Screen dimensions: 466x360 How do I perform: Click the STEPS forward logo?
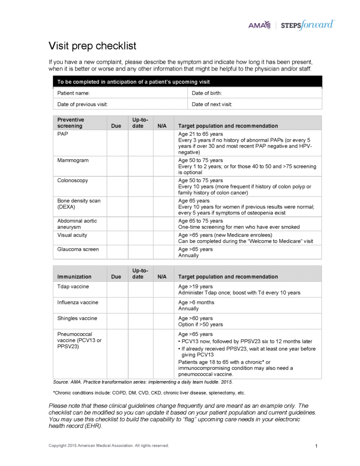tap(308, 25)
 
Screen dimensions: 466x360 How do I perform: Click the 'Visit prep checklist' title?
tap(92, 46)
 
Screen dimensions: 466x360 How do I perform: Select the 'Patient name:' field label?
tap(73, 93)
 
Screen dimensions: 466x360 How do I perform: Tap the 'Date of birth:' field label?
tap(207, 93)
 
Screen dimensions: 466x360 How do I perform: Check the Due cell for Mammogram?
tap(117, 167)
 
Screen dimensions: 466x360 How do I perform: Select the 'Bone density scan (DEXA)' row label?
tap(79, 203)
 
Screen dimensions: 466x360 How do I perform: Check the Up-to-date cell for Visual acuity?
tap(140, 238)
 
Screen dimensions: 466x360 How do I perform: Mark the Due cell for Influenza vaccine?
tap(117, 305)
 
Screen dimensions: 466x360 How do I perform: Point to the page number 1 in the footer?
tap(316, 446)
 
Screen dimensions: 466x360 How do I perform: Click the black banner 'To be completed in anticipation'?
tap(187, 82)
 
